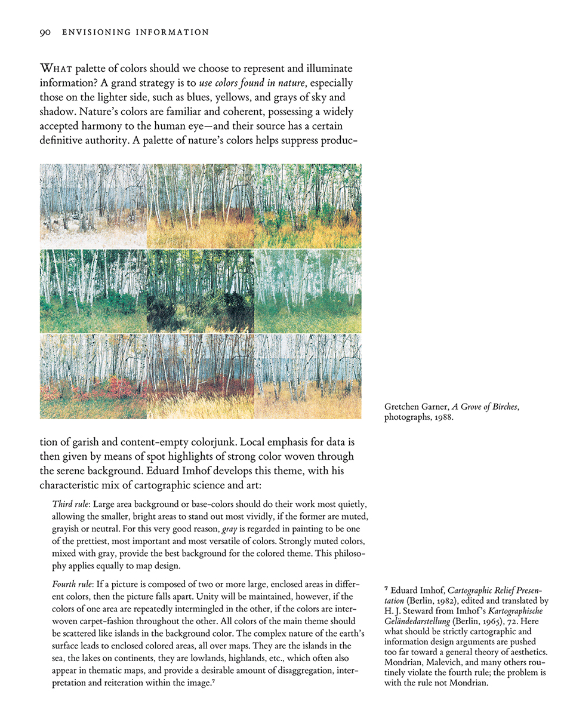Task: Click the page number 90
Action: pos(45,32)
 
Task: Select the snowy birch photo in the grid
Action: pos(93,206)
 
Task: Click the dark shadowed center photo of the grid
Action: pos(200,291)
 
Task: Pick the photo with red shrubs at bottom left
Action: pos(93,376)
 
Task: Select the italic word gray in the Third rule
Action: pos(229,529)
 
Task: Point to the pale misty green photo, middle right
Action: pos(307,291)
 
